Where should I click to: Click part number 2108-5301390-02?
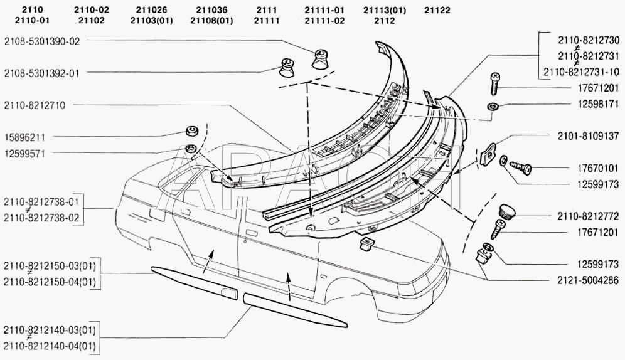click(x=42, y=41)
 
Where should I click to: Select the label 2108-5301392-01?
click(x=42, y=73)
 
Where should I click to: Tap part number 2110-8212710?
click(x=35, y=105)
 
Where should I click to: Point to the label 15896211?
click(x=24, y=138)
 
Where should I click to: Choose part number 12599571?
click(x=24, y=154)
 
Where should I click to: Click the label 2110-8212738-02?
click(x=41, y=218)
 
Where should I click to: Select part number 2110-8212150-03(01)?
click(x=50, y=266)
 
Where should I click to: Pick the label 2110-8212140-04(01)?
click(x=50, y=346)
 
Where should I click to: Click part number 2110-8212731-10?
click(x=582, y=72)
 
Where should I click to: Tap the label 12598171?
click(x=598, y=104)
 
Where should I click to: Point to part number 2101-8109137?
click(x=589, y=136)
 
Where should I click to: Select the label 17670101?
click(x=598, y=169)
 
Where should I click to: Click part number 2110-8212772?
click(x=589, y=216)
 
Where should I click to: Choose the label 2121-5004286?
click(x=589, y=280)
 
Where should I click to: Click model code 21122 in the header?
click(x=437, y=11)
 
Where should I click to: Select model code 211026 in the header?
click(x=151, y=11)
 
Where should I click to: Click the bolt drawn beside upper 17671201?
click(x=495, y=84)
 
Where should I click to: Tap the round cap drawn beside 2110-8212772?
click(x=507, y=211)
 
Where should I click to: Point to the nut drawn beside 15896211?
click(x=193, y=130)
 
